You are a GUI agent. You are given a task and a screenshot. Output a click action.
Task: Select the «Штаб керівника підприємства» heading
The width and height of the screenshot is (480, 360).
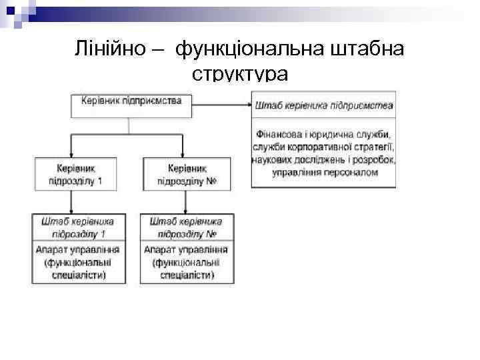tap(323, 105)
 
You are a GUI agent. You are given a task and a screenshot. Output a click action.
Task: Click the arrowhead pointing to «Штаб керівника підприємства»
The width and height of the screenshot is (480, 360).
tap(247, 102)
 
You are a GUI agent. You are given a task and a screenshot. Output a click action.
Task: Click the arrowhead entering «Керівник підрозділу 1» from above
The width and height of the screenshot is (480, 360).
tap(69, 154)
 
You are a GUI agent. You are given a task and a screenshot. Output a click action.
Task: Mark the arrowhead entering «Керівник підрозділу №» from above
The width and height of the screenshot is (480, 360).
tap(181, 154)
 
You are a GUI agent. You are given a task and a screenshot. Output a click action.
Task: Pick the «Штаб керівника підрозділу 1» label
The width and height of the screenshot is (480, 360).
tap(77, 227)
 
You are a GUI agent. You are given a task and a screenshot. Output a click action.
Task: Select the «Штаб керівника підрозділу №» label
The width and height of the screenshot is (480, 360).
tap(187, 227)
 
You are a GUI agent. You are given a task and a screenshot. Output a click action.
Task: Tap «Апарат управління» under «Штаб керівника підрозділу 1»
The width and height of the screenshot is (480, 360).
tap(77, 250)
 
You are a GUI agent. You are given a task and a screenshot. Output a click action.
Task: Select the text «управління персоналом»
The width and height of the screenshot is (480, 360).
tap(325, 173)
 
